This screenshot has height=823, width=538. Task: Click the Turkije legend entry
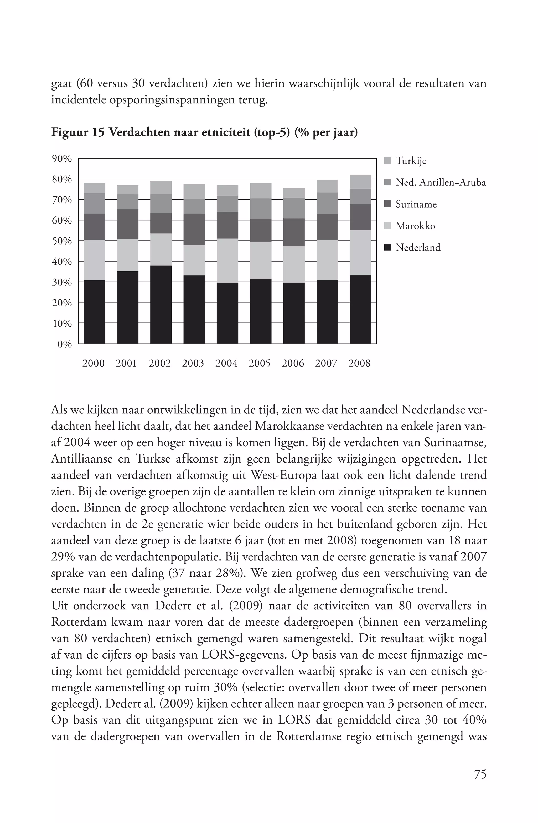[411, 161]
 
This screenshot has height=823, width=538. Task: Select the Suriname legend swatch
[388, 204]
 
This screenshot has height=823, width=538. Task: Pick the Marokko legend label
[415, 226]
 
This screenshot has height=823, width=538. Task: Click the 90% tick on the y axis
[62, 159]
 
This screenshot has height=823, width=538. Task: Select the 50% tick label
[62, 241]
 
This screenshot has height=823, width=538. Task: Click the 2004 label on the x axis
[226, 363]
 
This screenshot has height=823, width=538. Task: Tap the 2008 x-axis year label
[359, 363]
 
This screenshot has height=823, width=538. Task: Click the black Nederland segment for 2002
[161, 304]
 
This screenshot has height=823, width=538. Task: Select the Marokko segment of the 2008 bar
[360, 252]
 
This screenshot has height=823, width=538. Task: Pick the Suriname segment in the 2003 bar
[194, 230]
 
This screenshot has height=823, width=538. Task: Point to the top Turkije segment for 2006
[294, 193]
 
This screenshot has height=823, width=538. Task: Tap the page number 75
[480, 774]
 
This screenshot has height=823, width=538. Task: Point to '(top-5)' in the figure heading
[272, 132]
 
